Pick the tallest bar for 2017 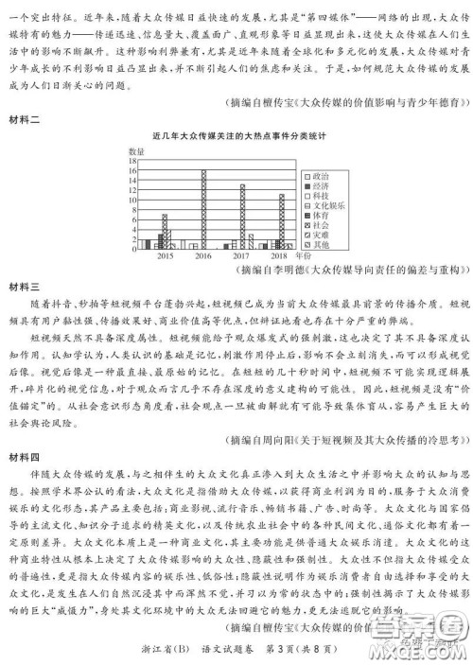point(242,216)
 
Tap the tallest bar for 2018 point(281,221)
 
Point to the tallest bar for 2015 point(166,232)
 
